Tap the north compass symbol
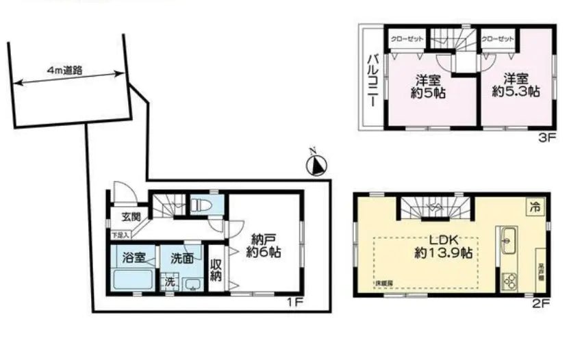317,164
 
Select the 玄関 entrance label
131,218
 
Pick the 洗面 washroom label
181,258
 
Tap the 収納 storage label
216,270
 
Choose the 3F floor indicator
545,138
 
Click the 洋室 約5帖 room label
429,85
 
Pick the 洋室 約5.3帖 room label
515,85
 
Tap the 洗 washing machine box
168,282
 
